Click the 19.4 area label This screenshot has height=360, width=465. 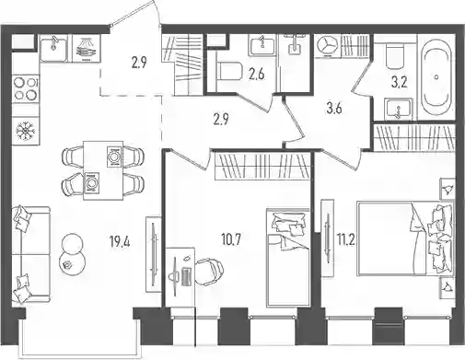point(120,241)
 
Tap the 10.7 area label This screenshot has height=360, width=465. point(231,239)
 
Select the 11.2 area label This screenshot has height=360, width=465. point(346,239)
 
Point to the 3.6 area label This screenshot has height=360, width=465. point(334,109)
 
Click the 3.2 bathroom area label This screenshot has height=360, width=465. point(399,83)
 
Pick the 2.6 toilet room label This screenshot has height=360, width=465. point(257,75)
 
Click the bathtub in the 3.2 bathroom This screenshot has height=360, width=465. point(437,76)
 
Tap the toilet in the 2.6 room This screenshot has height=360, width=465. point(229,72)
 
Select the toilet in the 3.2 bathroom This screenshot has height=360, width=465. point(395,56)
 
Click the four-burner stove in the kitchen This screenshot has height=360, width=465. point(26,88)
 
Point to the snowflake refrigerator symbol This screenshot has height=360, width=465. point(26,131)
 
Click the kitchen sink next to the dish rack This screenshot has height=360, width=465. point(54,48)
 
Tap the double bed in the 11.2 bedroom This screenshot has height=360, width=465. point(405,238)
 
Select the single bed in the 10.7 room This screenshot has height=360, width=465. point(288,257)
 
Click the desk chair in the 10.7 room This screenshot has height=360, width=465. point(209,271)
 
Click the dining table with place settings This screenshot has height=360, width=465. point(103,170)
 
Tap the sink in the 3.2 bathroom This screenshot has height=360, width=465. point(399,109)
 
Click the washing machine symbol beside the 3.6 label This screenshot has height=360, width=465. point(327,46)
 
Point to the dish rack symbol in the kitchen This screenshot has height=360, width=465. point(87,48)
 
